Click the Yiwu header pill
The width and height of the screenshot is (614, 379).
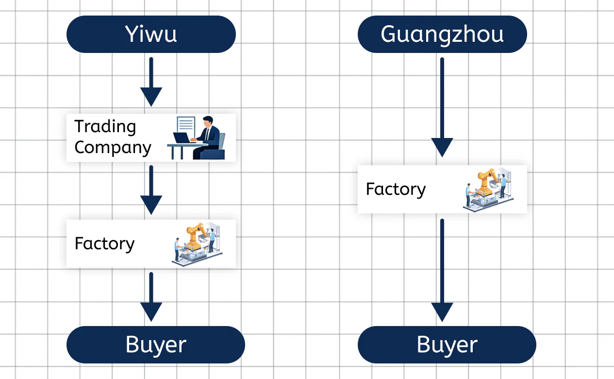[x=151, y=34]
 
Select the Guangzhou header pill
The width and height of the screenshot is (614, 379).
[x=442, y=34]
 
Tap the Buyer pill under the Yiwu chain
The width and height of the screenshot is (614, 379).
[x=155, y=345]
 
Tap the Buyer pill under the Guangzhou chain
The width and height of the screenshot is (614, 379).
[x=447, y=345]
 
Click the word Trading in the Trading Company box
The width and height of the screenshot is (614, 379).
[x=105, y=126]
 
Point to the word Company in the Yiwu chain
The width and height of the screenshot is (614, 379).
[x=113, y=147]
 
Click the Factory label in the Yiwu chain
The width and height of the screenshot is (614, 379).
[x=104, y=243]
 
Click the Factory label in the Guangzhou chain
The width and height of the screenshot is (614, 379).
[x=396, y=189]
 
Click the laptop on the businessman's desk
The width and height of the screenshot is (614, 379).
[x=183, y=138]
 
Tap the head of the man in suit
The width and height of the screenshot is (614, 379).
[x=208, y=121]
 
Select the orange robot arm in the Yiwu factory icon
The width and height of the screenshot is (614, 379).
[x=195, y=233]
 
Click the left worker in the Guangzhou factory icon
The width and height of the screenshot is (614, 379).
[x=468, y=194]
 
